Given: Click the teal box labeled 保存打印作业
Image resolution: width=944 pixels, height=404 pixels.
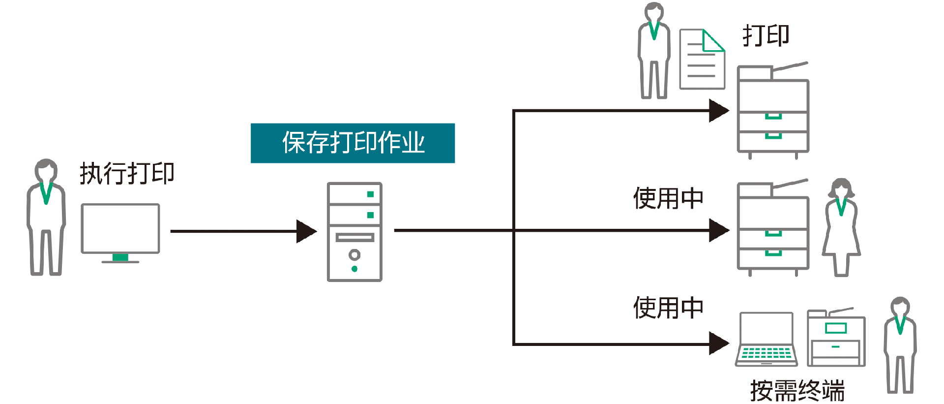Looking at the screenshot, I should click(x=353, y=143).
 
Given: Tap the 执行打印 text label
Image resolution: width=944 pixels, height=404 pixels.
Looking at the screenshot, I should click(x=127, y=174).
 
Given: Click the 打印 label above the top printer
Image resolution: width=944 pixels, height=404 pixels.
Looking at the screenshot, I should click(x=766, y=36).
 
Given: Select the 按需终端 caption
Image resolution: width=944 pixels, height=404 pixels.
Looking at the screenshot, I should click(x=797, y=390).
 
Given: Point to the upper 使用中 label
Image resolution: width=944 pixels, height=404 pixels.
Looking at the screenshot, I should click(x=668, y=198).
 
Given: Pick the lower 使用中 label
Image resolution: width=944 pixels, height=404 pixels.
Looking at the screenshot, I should click(x=668, y=308).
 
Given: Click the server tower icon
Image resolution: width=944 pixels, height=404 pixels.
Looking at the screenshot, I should click(x=354, y=232).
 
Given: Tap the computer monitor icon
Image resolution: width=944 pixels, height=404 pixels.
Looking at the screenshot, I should click(x=120, y=229).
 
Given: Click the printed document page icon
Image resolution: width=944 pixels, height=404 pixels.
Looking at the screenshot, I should click(x=702, y=60).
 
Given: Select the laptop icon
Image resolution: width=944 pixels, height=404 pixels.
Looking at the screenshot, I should click(x=766, y=340).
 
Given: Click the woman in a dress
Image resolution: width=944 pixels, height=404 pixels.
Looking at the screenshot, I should click(x=841, y=227).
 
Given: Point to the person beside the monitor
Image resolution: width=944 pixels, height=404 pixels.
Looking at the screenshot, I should click(x=46, y=217).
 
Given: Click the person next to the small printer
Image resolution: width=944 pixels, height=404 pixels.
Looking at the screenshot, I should click(x=900, y=344).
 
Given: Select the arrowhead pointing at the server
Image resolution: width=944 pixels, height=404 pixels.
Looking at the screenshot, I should click(x=306, y=231).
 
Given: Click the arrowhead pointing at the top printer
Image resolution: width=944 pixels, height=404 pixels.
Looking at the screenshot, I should click(x=718, y=111).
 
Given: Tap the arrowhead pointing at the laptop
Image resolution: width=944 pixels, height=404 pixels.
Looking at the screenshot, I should click(x=718, y=343).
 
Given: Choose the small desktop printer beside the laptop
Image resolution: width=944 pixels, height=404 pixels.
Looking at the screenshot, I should click(x=836, y=339).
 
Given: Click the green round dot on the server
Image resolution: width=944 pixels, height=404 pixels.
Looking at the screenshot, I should click(x=354, y=269).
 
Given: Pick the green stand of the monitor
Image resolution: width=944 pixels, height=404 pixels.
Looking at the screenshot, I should click(x=120, y=257).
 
